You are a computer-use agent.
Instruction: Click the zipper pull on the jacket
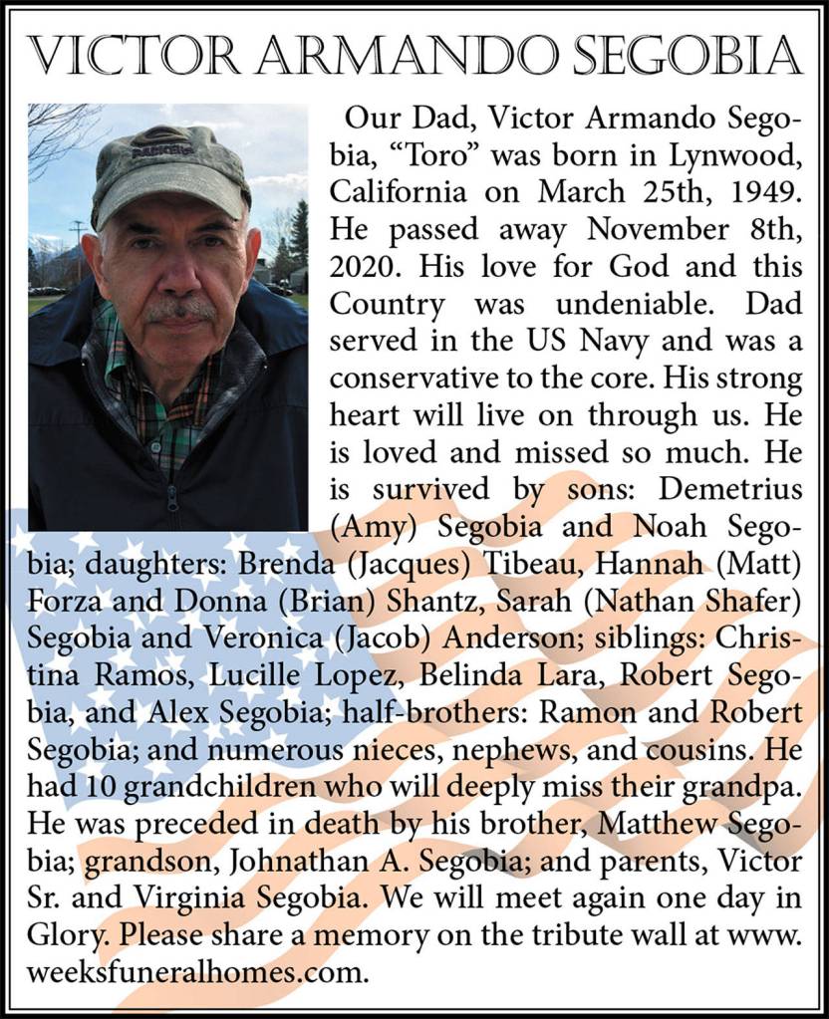pos(171,494)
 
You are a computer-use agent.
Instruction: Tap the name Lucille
pos(255,673)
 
